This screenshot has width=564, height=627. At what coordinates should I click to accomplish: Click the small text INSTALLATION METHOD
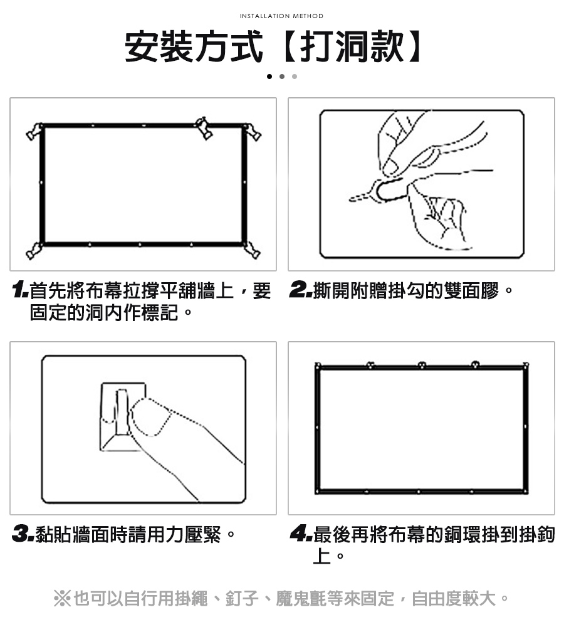click(281, 16)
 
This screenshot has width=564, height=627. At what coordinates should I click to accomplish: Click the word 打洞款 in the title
click(352, 46)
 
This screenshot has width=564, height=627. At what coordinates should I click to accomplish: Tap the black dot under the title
click(269, 76)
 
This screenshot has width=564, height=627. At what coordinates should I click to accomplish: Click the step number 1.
click(20, 290)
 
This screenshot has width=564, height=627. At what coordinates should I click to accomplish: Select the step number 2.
click(301, 290)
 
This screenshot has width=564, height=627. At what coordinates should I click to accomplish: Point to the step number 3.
click(23, 534)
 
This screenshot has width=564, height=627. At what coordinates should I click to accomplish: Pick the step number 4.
click(301, 534)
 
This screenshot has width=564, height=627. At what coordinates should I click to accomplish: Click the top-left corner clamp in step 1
click(35, 131)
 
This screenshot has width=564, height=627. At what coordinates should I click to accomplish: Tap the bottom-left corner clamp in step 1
click(34, 251)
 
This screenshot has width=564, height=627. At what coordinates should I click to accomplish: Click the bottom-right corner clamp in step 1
click(252, 250)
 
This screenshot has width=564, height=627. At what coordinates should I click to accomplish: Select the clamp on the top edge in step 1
click(204, 128)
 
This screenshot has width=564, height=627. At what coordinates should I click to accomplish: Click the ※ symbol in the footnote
click(63, 599)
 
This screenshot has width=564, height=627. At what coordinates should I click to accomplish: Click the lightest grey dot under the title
click(295, 76)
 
